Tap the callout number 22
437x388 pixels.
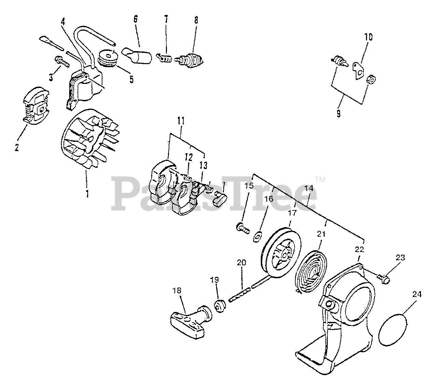pos(359,249)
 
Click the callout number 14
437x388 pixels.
pos(309,197)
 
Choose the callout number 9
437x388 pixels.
pos(338,113)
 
